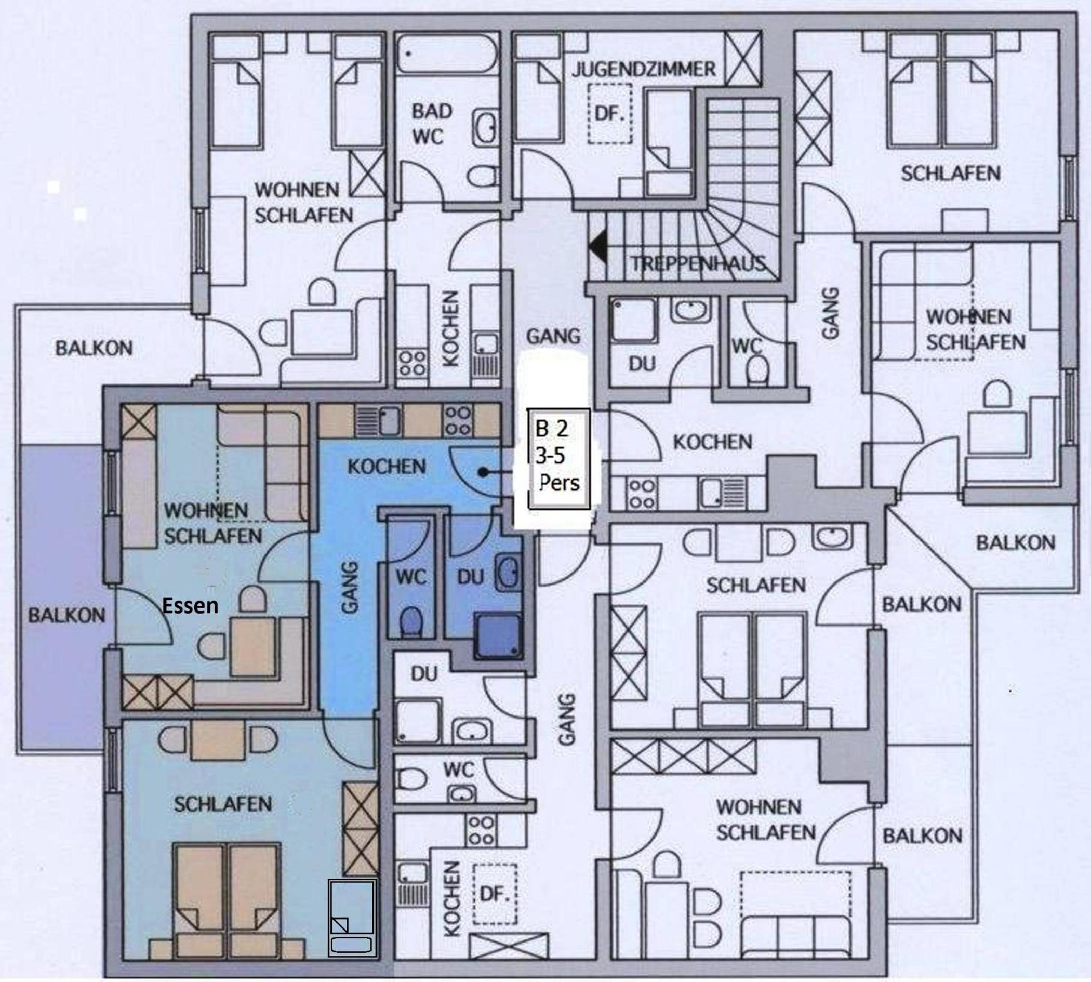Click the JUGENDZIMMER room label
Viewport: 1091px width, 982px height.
pyautogui.click(x=644, y=69)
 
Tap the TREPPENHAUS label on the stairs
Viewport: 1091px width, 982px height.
pyautogui.click(x=698, y=263)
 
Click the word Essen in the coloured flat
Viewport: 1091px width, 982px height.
pyautogui.click(x=191, y=605)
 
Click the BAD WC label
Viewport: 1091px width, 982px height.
pyautogui.click(x=432, y=124)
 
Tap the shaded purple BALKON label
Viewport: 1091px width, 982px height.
pyautogui.click(x=66, y=615)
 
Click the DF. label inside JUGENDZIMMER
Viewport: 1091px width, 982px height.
pyautogui.click(x=609, y=114)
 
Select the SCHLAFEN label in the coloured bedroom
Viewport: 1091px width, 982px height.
pyautogui.click(x=222, y=804)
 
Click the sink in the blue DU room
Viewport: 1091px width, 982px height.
pyautogui.click(x=508, y=573)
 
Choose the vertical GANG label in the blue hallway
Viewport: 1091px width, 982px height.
pyautogui.click(x=350, y=588)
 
